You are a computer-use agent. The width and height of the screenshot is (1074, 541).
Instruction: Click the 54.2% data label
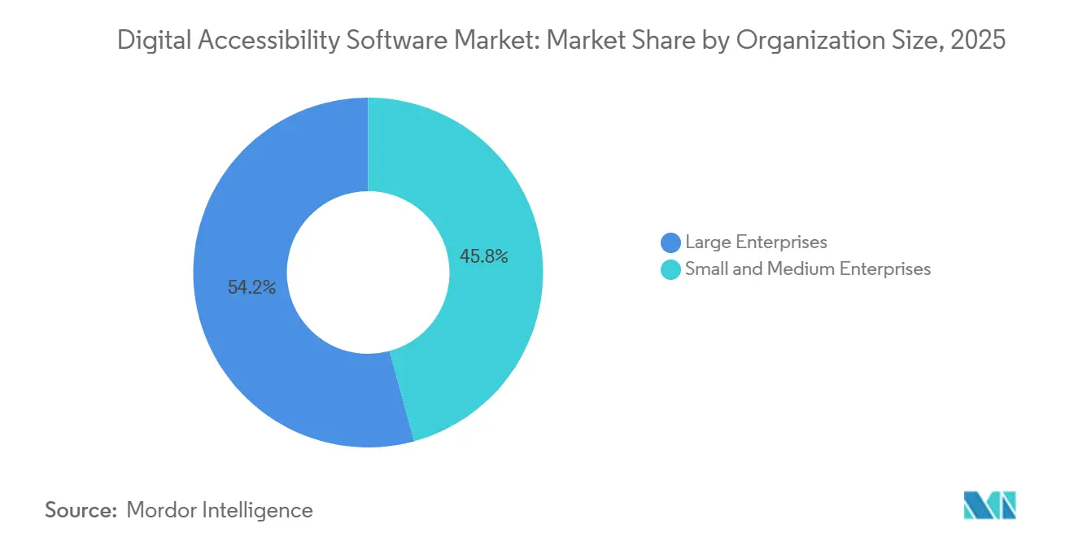[251, 287]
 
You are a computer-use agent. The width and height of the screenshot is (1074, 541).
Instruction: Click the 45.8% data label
[484, 257]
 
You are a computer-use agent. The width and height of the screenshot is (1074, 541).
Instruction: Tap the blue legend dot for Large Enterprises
[671, 242]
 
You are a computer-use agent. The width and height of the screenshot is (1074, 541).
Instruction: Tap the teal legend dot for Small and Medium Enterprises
[671, 269]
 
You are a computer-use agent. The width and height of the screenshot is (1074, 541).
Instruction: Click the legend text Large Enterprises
[756, 242]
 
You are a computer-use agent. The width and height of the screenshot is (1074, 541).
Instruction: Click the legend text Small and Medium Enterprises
[808, 269]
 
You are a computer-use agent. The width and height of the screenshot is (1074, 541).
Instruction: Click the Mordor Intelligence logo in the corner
[989, 505]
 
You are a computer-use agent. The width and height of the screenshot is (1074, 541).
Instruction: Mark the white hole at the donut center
[368, 272]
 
